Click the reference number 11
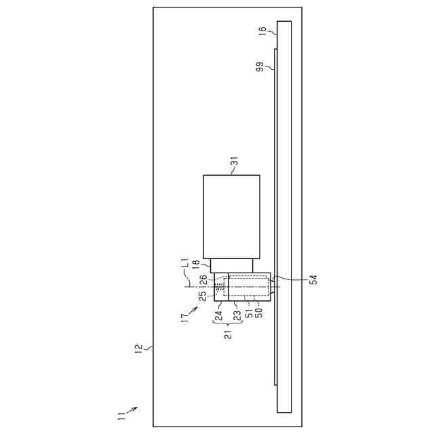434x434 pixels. point(121,416)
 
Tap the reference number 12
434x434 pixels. point(138,348)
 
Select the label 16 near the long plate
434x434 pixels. point(262,31)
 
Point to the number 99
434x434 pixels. point(260,67)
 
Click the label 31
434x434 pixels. point(235,161)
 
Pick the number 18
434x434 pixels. point(196,264)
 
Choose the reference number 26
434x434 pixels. point(203,279)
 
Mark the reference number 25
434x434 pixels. point(203,296)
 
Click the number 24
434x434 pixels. point(218,316)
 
